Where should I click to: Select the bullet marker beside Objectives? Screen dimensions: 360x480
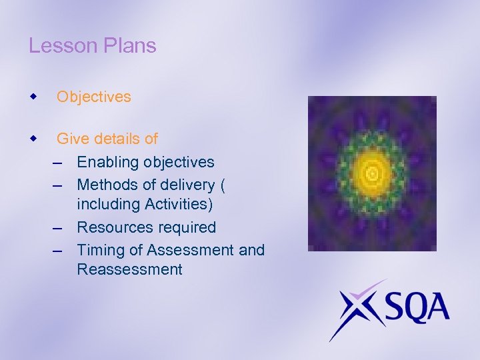pyautogui.click(x=33, y=97)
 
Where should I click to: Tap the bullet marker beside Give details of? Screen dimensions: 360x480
pyautogui.click(x=33, y=139)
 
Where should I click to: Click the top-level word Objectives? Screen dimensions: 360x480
pyautogui.click(x=94, y=97)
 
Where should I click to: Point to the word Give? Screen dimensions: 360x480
pyautogui.click(x=72, y=139)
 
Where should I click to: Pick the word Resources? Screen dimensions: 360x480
pyautogui.click(x=112, y=227)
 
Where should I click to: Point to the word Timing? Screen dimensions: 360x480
pyautogui.click(x=101, y=250)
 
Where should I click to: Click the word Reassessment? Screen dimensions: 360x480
pyautogui.click(x=129, y=269)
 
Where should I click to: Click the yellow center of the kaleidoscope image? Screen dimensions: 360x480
pyautogui.click(x=372, y=173)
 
